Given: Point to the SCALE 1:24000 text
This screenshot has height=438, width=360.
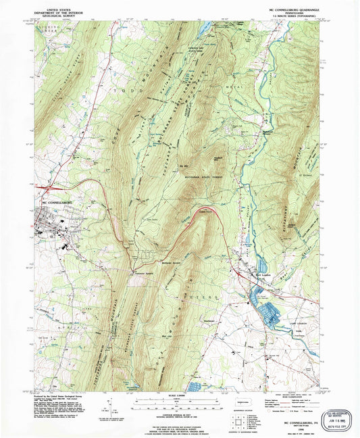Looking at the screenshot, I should click(x=178, y=395).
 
